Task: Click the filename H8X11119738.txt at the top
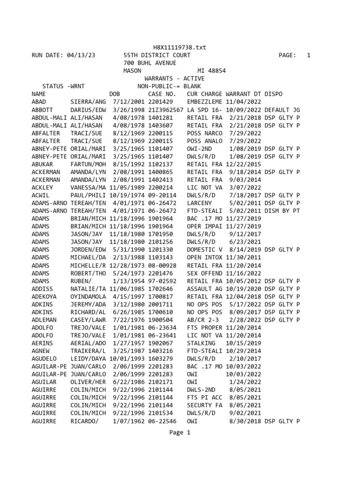[180, 47]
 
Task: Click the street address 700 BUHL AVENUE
[150, 63]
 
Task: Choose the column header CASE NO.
[162, 94]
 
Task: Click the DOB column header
[115, 94]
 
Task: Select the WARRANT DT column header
[243, 94]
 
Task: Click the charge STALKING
[201, 343]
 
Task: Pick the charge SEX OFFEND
[204, 273]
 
